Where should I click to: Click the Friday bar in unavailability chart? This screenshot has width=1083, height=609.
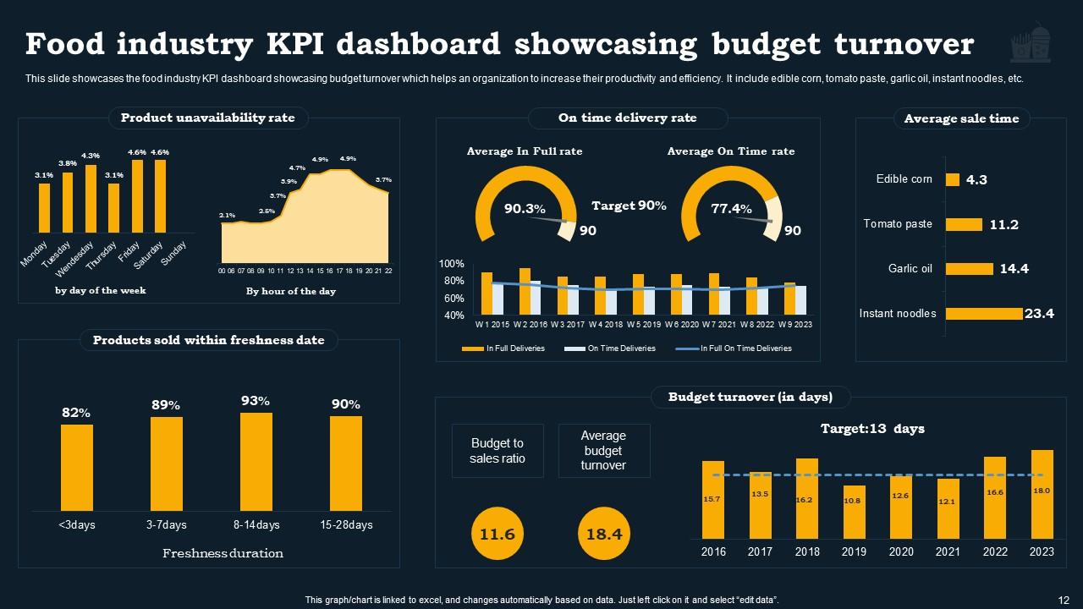137,196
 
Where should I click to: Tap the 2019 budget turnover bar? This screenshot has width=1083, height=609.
855,512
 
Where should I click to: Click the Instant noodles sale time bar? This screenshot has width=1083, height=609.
983,314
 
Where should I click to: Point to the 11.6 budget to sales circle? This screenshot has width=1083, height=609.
497,534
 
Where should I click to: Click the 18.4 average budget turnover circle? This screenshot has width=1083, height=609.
604,534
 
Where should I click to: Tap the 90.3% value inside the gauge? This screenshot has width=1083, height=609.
525,209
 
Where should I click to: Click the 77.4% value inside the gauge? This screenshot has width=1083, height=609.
731,209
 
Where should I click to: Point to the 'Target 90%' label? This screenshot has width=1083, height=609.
629,206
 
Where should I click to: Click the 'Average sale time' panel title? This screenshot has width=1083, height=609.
961,118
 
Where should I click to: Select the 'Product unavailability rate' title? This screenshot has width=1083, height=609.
207,118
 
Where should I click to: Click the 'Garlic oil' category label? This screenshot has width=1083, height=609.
910,269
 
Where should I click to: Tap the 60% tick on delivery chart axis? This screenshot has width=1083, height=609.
454,299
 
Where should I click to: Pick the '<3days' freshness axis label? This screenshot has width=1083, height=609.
77,524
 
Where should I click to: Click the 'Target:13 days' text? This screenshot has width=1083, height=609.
872,429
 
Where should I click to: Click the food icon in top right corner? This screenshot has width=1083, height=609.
1031,44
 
